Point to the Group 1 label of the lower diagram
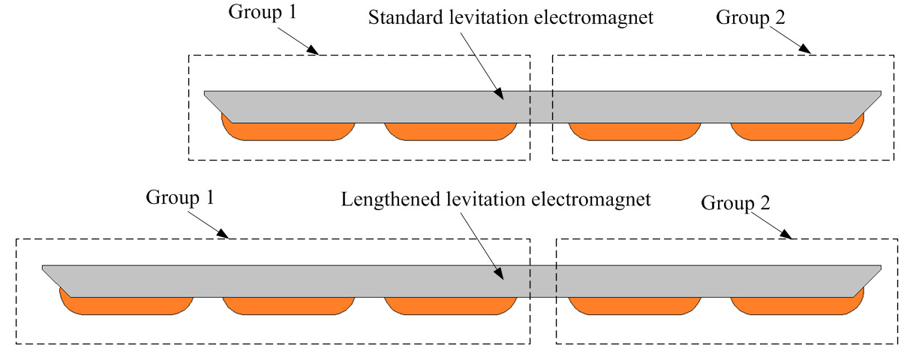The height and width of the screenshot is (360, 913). coord(180,197)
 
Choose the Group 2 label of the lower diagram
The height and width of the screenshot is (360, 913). coord(736,203)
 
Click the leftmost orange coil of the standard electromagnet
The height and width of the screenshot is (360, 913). coord(288,131)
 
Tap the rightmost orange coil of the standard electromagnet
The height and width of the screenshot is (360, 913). coord(797,131)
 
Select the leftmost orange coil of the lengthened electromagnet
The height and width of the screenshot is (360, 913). coord(126,305)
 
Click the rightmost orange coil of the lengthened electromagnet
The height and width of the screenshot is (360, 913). coord(797,305)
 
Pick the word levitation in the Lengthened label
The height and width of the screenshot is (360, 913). coord(488,199)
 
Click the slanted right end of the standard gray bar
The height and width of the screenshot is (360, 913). coord(866,106)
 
